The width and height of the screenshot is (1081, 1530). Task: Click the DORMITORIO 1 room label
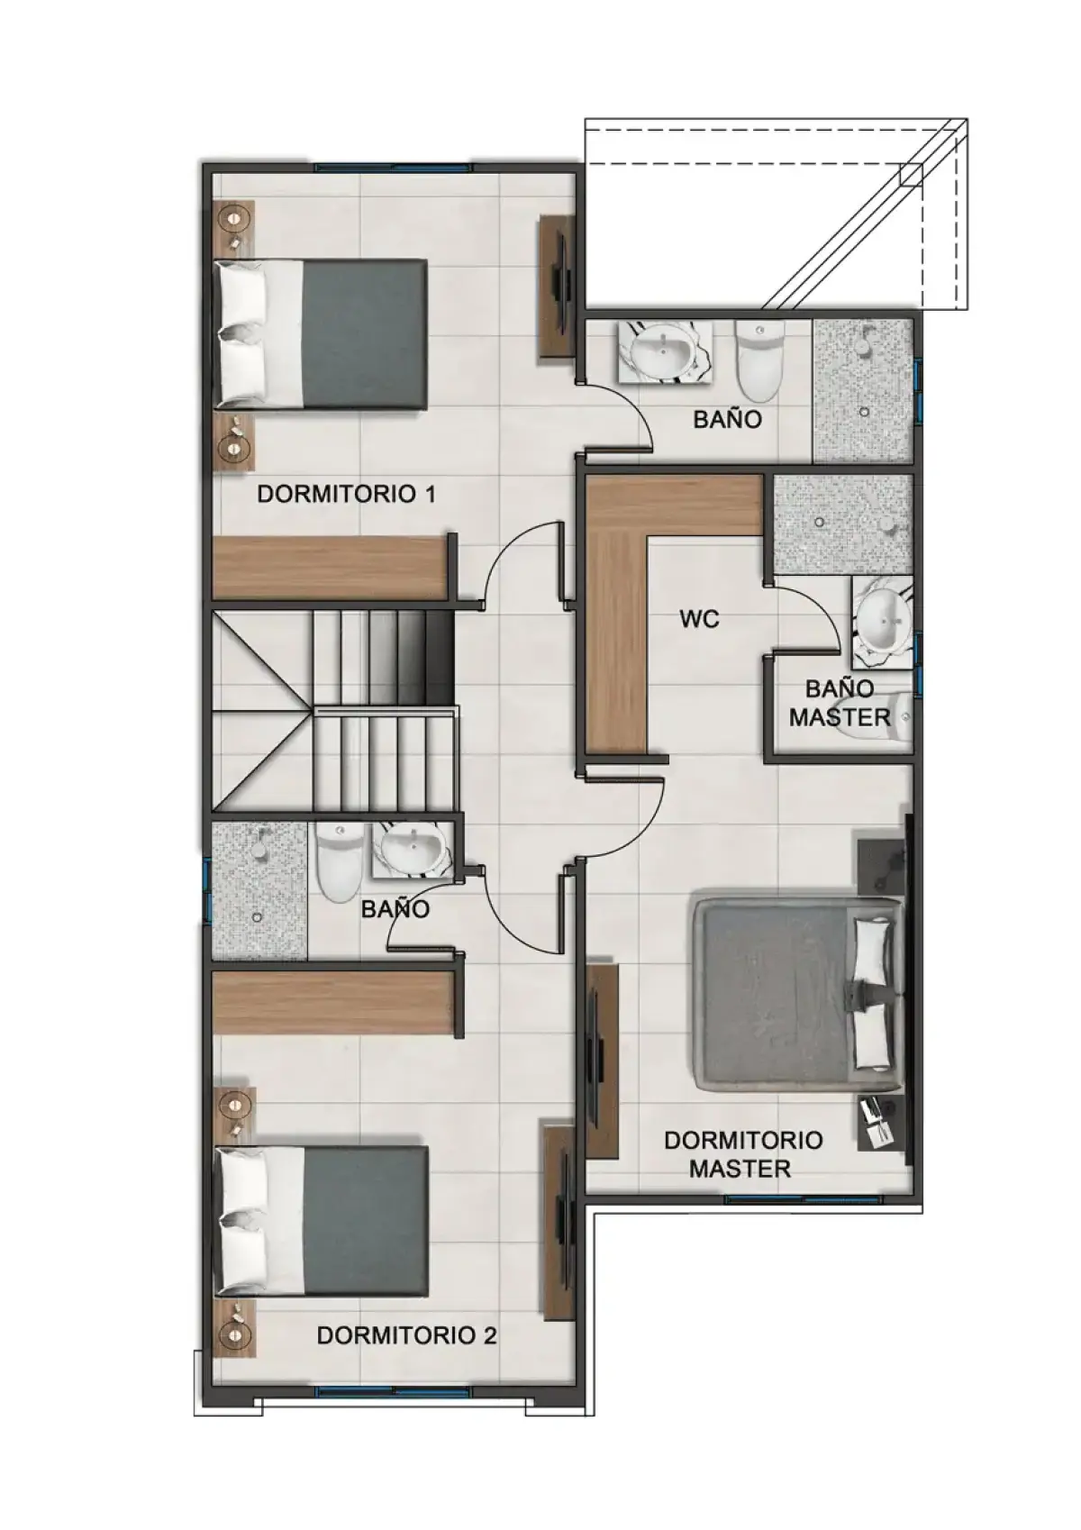(346, 494)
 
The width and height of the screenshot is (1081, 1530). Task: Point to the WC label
(699, 620)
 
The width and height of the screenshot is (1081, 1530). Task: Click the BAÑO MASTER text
(840, 703)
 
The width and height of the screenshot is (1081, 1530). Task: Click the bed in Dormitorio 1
(321, 334)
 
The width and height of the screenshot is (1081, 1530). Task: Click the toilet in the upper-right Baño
(759, 360)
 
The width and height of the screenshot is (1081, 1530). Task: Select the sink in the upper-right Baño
(662, 351)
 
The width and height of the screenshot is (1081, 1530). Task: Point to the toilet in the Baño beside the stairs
(339, 861)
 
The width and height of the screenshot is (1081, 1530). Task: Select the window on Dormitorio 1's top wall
(393, 167)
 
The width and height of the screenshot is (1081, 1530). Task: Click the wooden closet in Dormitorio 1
(332, 567)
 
